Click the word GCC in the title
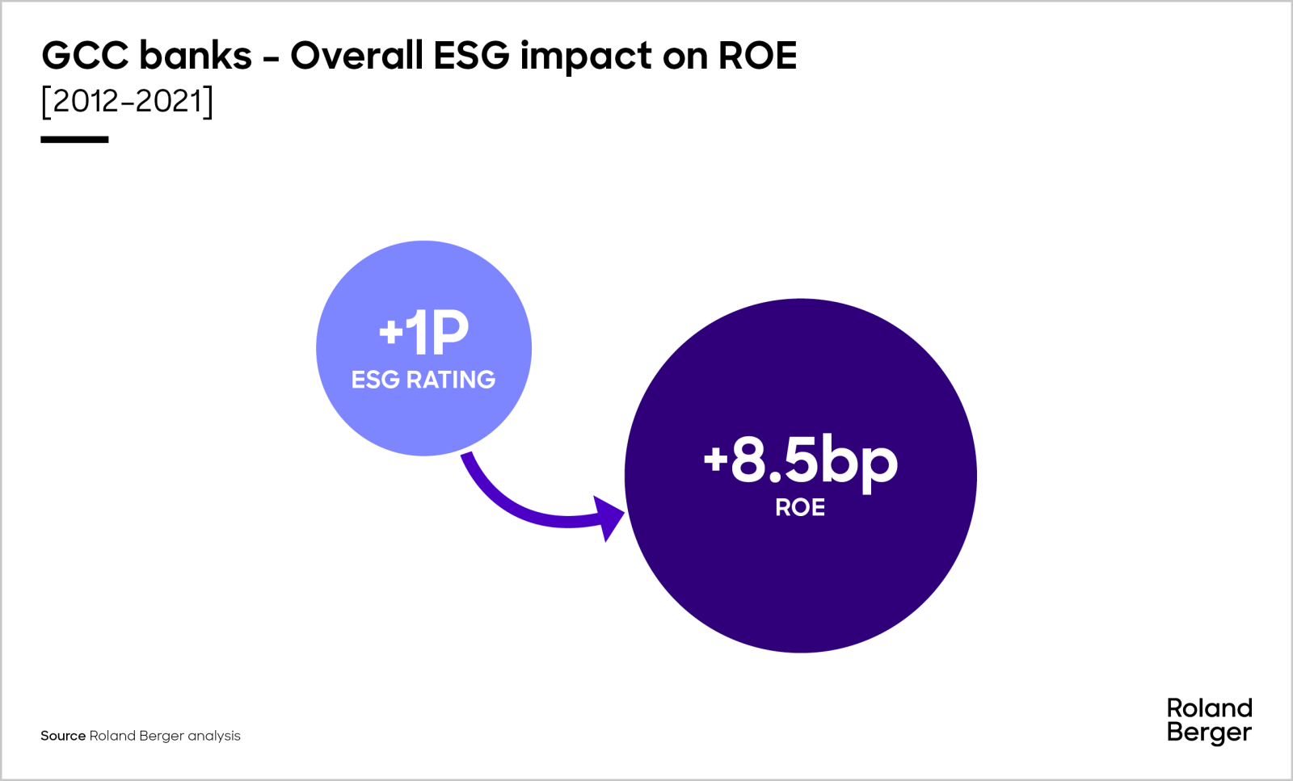pyautogui.click(x=85, y=56)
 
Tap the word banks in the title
pyautogui.click(x=196, y=56)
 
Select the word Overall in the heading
pyautogui.click(x=356, y=56)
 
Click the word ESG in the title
pyautogui.click(x=471, y=56)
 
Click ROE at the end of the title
pyautogui.click(x=757, y=56)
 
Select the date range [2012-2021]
pyautogui.click(x=127, y=102)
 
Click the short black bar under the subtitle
pyautogui.click(x=74, y=140)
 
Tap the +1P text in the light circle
pyautogui.click(x=423, y=332)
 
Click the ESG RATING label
pyautogui.click(x=423, y=380)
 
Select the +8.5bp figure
pyautogui.click(x=800, y=460)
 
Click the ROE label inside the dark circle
pyautogui.click(x=800, y=507)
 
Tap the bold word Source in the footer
pyautogui.click(x=63, y=736)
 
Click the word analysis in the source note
pyautogui.click(x=214, y=736)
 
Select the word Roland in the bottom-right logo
pyautogui.click(x=1209, y=708)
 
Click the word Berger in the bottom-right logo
pyautogui.click(x=1209, y=733)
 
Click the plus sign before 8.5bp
pyautogui.click(x=715, y=458)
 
